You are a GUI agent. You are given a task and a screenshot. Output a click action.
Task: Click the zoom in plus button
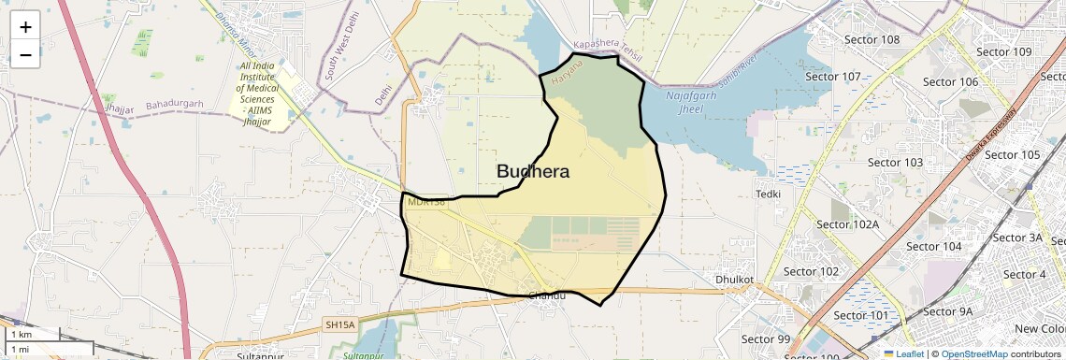point(25,26)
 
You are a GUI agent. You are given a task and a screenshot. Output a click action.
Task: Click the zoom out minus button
point(25,54)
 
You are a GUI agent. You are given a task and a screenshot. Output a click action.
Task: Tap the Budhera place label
point(533,172)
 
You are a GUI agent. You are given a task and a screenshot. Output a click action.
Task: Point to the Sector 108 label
point(872,40)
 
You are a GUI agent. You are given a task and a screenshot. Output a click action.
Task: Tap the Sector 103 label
point(895,163)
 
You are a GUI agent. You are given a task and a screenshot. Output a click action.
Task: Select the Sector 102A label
point(847,224)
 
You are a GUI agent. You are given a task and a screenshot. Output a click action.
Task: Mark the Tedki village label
point(768,194)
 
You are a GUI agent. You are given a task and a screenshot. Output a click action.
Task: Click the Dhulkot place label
point(734,279)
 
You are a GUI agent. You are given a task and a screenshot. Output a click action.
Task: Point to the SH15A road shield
point(340,324)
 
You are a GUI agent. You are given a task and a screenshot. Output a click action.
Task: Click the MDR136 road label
point(425,201)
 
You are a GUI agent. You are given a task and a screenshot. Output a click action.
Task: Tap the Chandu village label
point(547,296)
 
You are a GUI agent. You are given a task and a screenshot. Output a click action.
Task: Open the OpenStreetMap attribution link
point(973,353)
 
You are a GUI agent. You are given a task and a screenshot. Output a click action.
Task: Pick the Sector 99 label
point(766,338)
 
